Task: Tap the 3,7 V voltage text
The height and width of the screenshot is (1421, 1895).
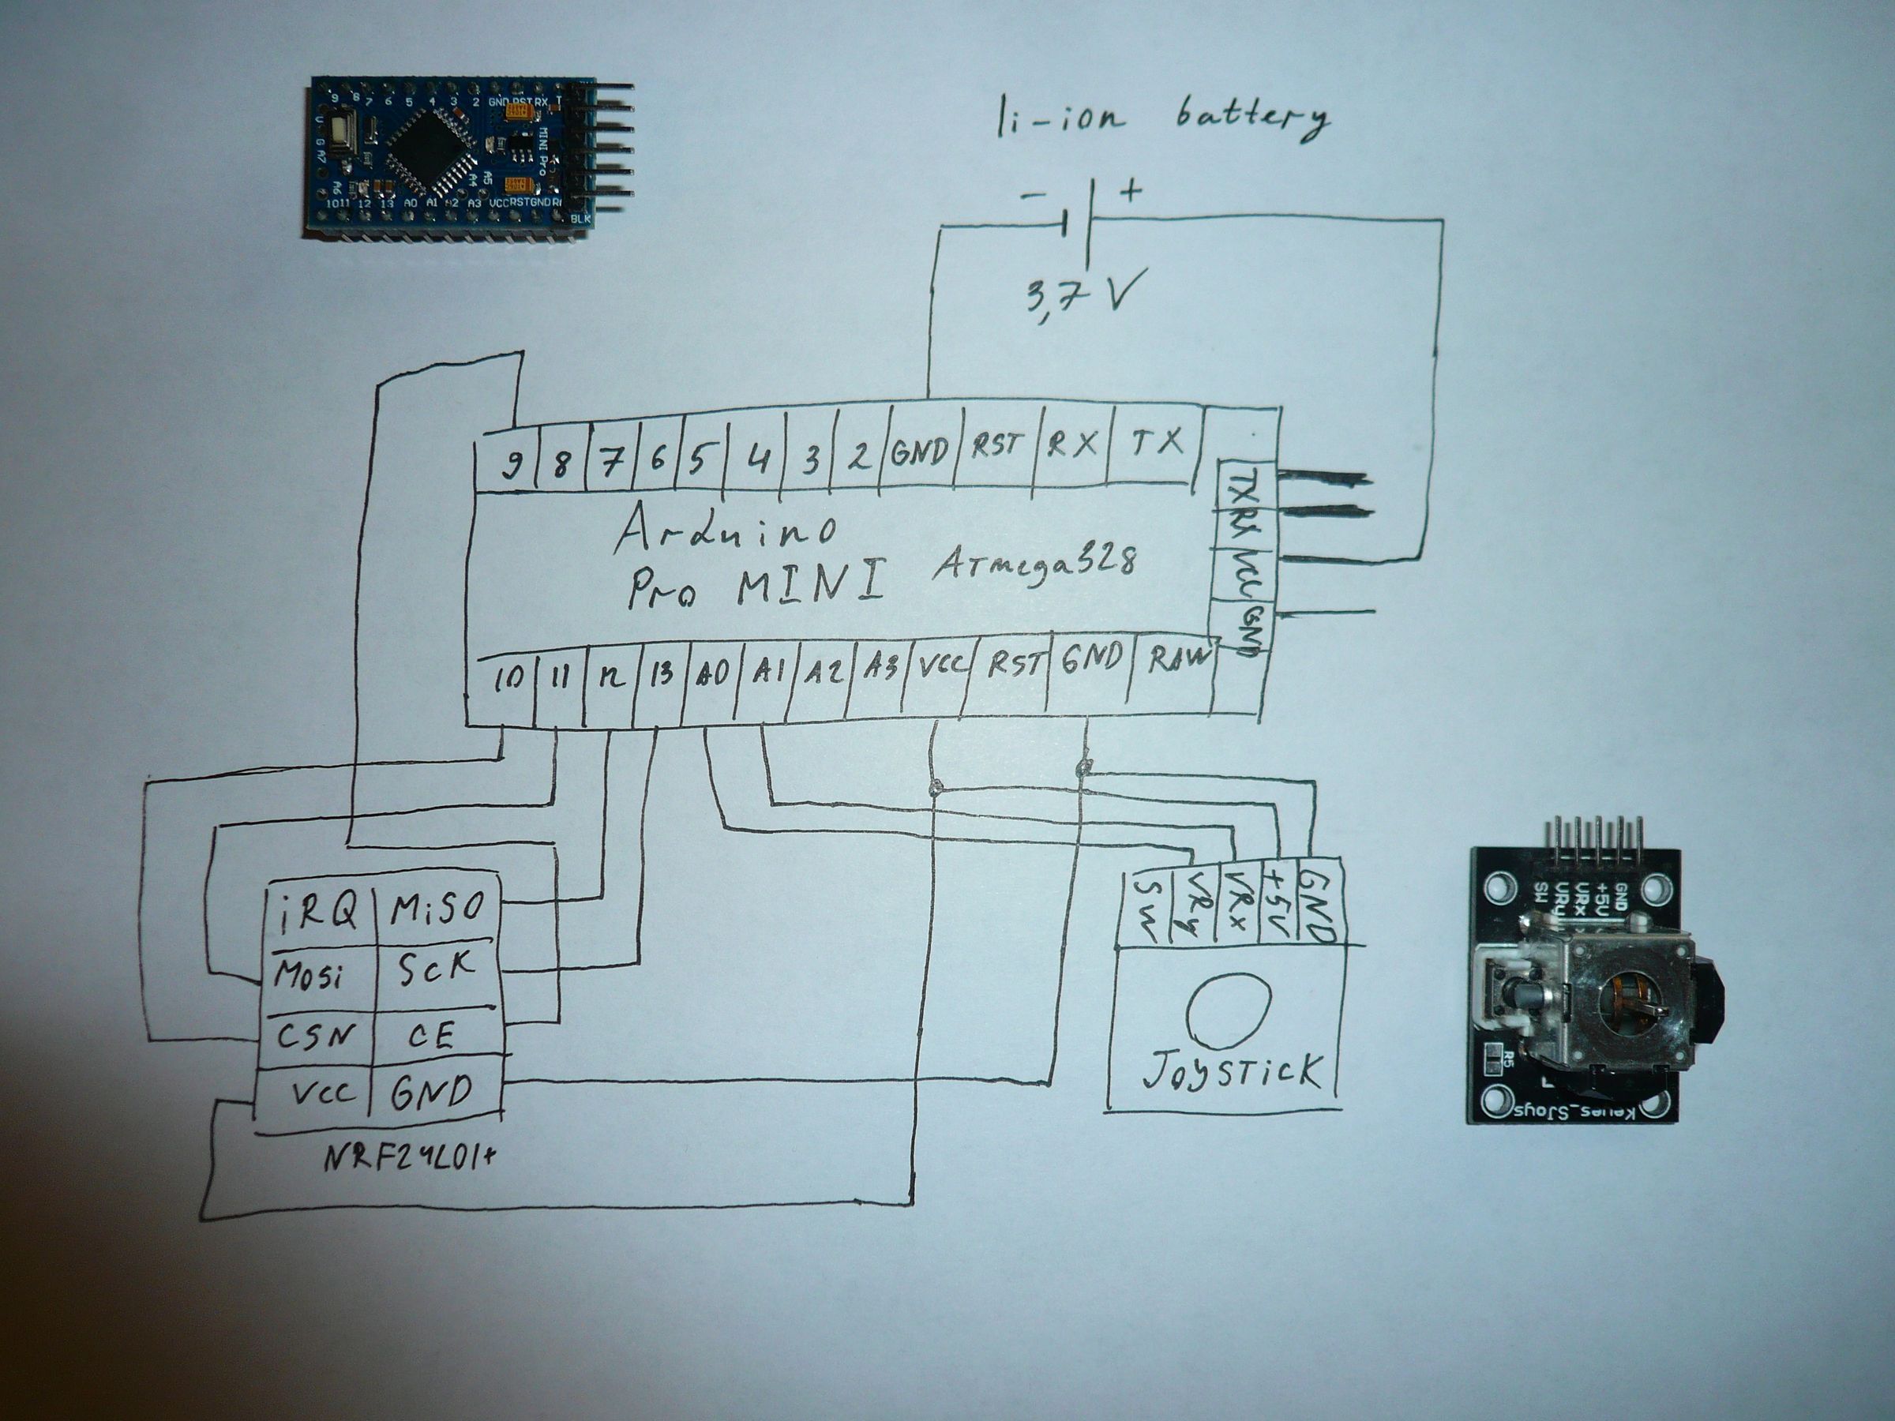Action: coord(1081,294)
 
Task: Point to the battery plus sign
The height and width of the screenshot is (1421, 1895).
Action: coord(1131,190)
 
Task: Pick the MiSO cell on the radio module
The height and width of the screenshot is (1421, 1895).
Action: coord(437,909)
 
